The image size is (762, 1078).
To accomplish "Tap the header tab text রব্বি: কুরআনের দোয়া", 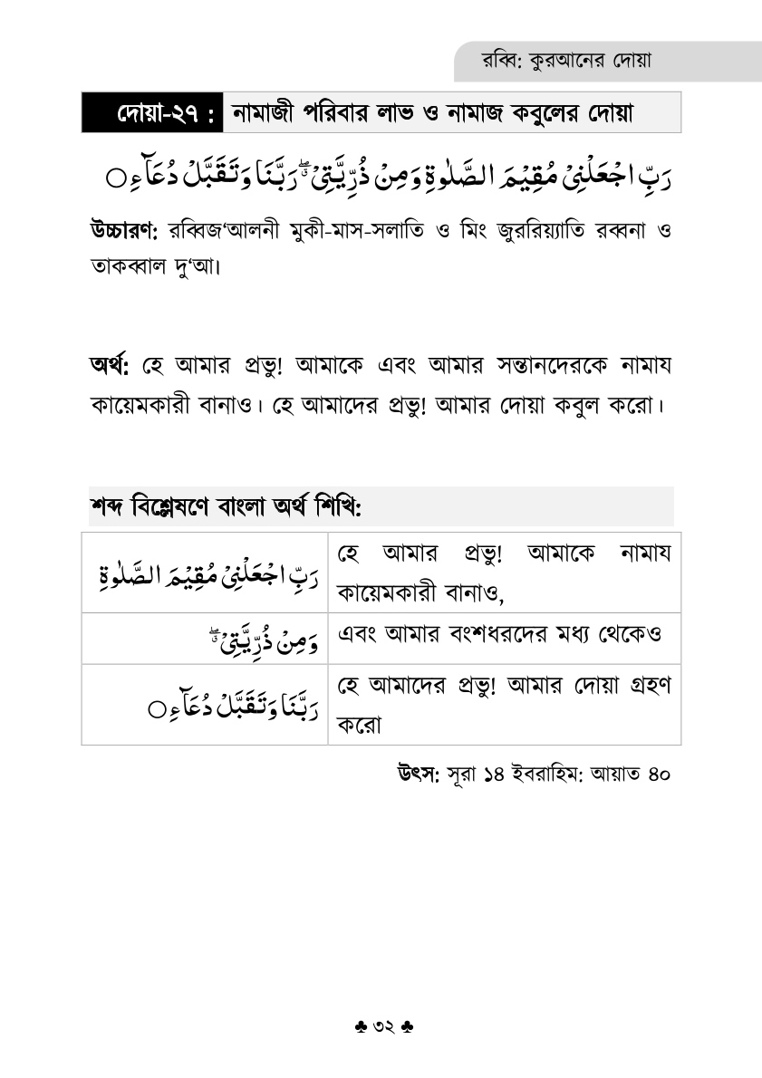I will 568,61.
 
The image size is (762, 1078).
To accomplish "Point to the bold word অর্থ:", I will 110,365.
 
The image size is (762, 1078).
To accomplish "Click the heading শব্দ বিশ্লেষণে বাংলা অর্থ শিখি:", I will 226,505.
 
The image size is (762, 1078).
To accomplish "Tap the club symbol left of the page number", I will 360,1027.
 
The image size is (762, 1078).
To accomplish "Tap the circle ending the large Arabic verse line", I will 115,178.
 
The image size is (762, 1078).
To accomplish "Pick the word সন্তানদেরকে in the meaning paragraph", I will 509,365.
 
